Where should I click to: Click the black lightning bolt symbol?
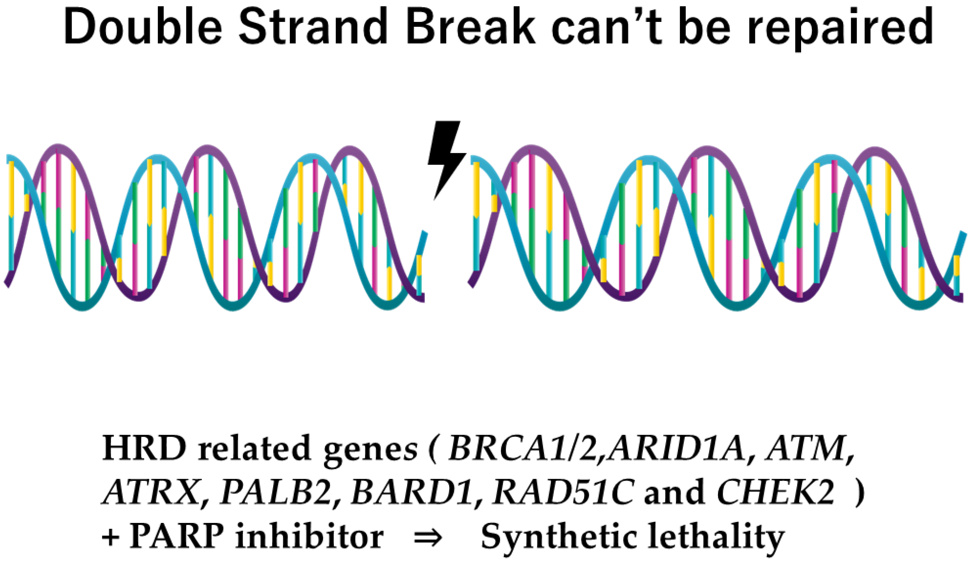coord(447,158)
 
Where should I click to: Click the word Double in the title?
coord(143,27)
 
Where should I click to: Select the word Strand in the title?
coord(313,27)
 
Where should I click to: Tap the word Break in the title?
coord(470,27)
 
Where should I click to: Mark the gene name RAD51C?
coord(563,492)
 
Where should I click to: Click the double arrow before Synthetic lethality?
coord(427,537)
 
